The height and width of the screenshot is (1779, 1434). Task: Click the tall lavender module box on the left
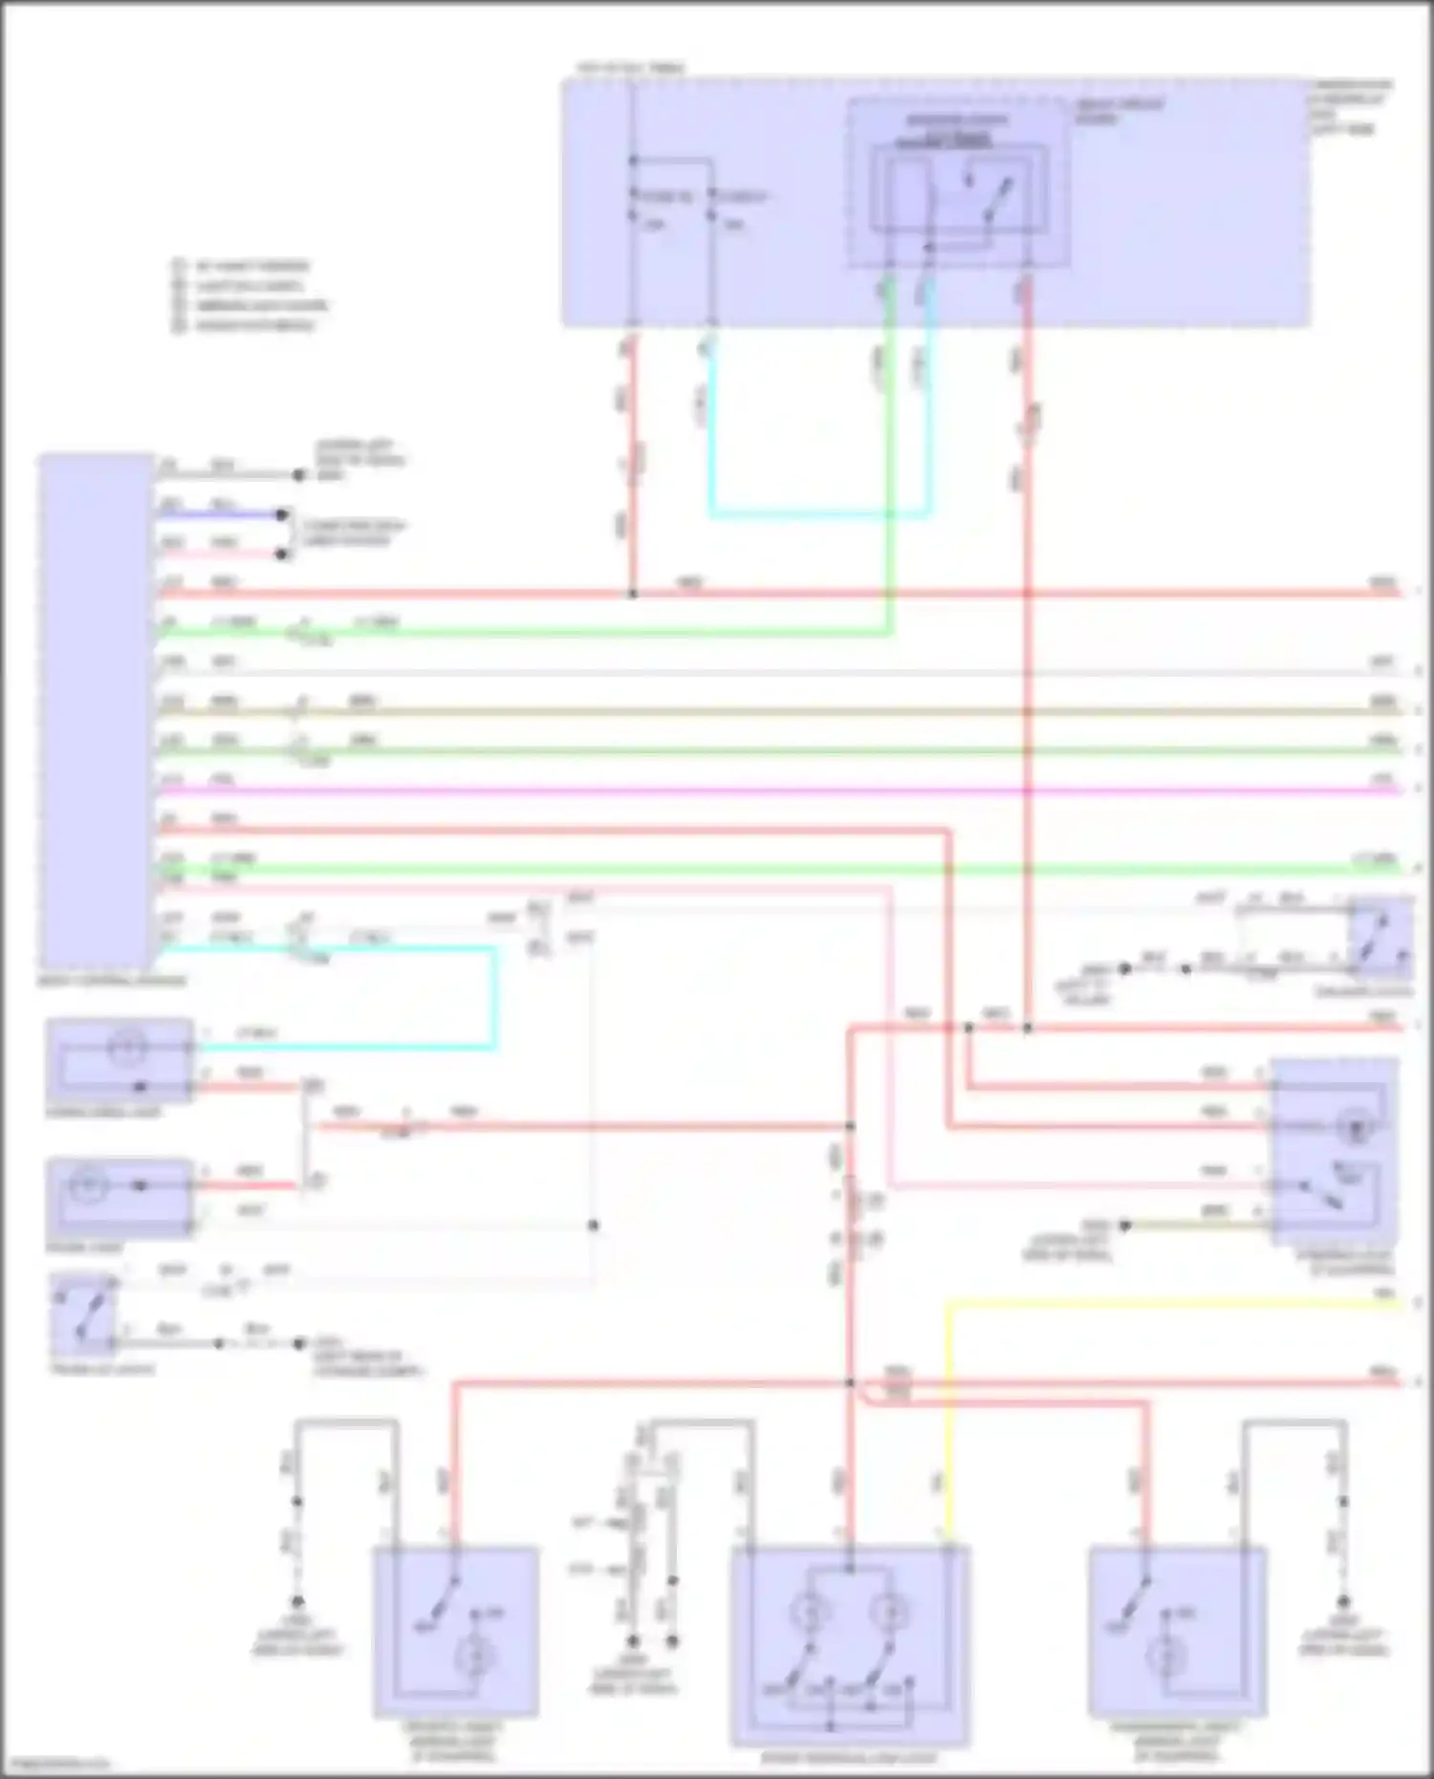[96, 712]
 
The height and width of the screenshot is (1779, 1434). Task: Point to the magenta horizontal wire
[765, 791]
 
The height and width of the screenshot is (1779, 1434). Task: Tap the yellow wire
[1147, 1302]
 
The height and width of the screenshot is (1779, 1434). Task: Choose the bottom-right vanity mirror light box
[1177, 1631]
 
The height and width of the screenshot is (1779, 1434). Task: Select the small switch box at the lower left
[83, 1314]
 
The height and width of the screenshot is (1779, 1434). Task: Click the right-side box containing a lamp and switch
[1333, 1152]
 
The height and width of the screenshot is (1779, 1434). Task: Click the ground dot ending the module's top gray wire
[299, 475]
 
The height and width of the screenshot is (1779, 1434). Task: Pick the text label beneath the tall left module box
[112, 981]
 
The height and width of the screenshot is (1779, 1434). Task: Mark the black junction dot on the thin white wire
[594, 1226]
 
